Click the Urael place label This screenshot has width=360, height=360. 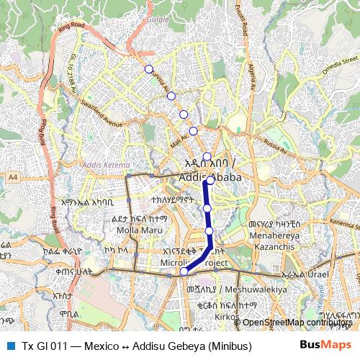(x=316, y=275)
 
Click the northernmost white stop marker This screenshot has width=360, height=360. (x=149, y=69)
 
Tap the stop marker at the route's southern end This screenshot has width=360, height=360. (x=184, y=271)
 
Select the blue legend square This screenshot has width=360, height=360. (x=9, y=345)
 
